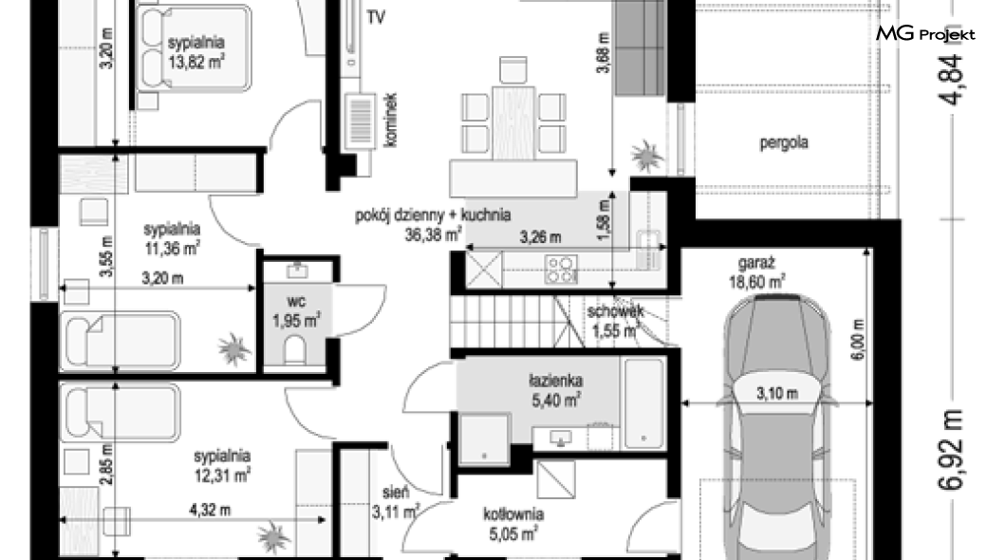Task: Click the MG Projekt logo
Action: pyautogui.click(x=925, y=34)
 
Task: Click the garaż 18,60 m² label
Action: pyautogui.click(x=757, y=272)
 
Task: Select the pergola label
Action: pyautogui.click(x=783, y=142)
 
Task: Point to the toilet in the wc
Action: pyautogui.click(x=294, y=351)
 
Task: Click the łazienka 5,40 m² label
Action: pyautogui.click(x=555, y=391)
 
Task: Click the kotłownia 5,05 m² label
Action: pyautogui.click(x=513, y=523)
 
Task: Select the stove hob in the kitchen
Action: pyautogui.click(x=560, y=270)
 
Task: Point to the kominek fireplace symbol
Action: pyautogui.click(x=360, y=121)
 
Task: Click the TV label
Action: pyautogui.click(x=376, y=17)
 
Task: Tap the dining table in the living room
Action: pyautogui.click(x=513, y=123)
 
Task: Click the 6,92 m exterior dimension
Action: pyautogui.click(x=950, y=450)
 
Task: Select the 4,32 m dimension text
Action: pyautogui.click(x=210, y=511)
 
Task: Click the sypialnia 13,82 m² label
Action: pyautogui.click(x=196, y=52)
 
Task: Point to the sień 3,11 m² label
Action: pyautogui.click(x=395, y=502)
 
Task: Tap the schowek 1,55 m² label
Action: pyautogui.click(x=615, y=322)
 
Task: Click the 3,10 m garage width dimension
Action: pyautogui.click(x=777, y=393)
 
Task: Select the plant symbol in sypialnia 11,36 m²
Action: pyautogui.click(x=233, y=349)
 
